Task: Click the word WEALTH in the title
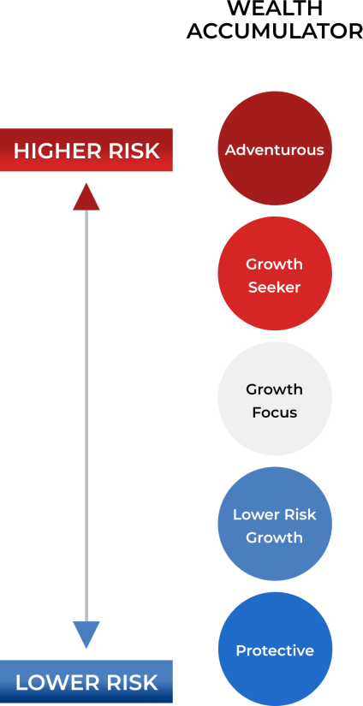[275, 8]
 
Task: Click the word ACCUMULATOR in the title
[275, 31]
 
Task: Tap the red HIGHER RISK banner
[86, 150]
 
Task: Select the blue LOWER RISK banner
[86, 682]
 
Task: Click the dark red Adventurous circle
[275, 149]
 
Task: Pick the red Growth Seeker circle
[275, 274]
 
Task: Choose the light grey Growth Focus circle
[275, 399]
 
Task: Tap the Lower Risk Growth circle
[275, 524]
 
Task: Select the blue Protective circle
[275, 650]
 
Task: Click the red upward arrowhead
[86, 197]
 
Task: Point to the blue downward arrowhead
[86, 635]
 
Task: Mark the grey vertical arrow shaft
[86, 416]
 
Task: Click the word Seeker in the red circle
[274, 287]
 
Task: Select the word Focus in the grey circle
[275, 412]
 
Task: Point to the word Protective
[275, 650]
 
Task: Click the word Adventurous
[275, 150]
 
